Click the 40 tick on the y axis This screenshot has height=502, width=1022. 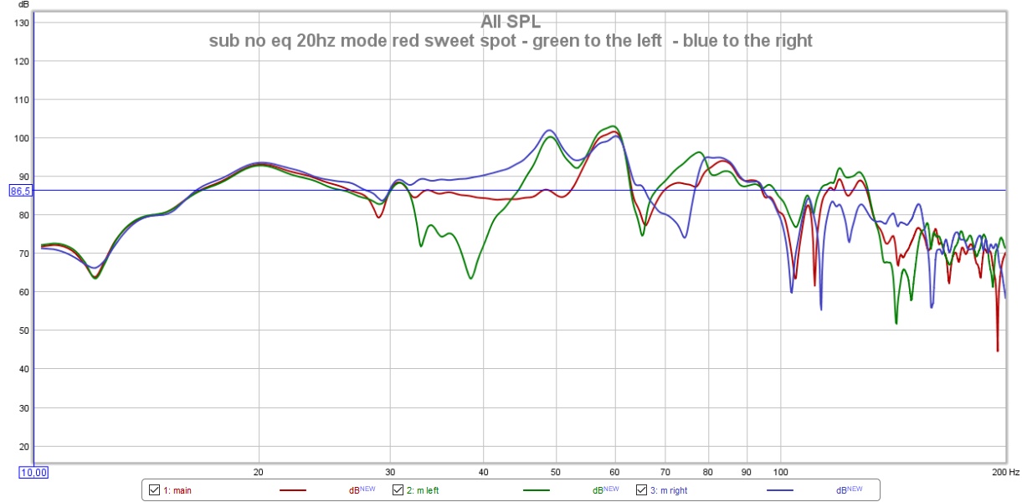pyautogui.click(x=23, y=369)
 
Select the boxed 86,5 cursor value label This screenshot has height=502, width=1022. pyautogui.click(x=20, y=191)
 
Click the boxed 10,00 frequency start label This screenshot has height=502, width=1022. pyautogui.click(x=33, y=473)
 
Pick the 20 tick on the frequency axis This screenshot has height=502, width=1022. pyautogui.click(x=259, y=472)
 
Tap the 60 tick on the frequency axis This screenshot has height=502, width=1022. pyautogui.click(x=615, y=472)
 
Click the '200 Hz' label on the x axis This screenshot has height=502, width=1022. pyautogui.click(x=1006, y=472)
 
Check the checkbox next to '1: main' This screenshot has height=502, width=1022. pyautogui.click(x=155, y=490)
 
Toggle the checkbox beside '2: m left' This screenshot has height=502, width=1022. pyautogui.click(x=398, y=490)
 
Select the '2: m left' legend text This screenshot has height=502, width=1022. pyautogui.click(x=424, y=490)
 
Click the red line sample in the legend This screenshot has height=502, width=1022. pyautogui.click(x=293, y=490)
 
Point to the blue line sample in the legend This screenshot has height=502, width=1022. pyautogui.click(x=782, y=490)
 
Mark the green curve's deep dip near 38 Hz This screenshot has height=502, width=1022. pyautogui.click(x=470, y=278)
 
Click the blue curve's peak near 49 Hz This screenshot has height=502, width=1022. pyautogui.click(x=549, y=130)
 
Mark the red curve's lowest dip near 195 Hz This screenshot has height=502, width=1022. pyautogui.click(x=998, y=351)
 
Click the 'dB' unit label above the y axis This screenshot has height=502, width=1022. pyautogui.click(x=23, y=5)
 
